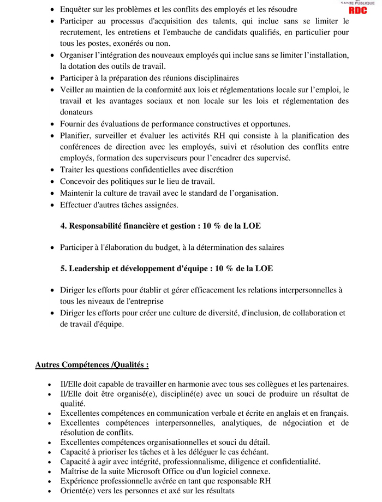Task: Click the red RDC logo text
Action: coord(358,10)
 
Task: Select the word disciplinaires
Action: coord(213,78)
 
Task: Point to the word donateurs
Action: coord(76,112)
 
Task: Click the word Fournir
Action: coord(73,124)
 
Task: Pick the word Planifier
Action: coord(75,135)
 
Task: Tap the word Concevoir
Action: coord(77,181)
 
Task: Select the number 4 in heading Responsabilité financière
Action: coord(63,225)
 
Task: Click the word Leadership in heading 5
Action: coord(92,268)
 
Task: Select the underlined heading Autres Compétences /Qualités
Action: coord(92,364)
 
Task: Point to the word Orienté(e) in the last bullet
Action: coord(80,491)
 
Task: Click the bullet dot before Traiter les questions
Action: coord(52,170)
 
